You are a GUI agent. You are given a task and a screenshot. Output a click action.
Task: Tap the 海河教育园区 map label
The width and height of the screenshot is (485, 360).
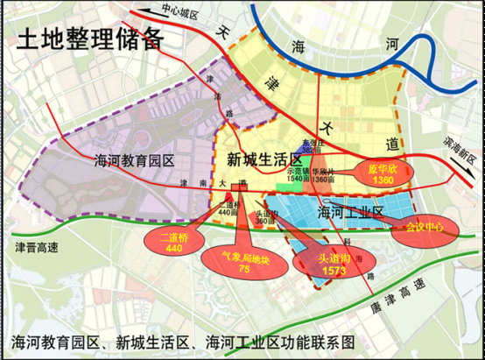click(134, 160)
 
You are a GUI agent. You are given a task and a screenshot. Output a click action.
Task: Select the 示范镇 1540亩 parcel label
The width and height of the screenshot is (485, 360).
click(299, 175)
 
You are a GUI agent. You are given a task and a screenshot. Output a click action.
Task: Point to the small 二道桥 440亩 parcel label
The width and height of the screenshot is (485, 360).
click(228, 208)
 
